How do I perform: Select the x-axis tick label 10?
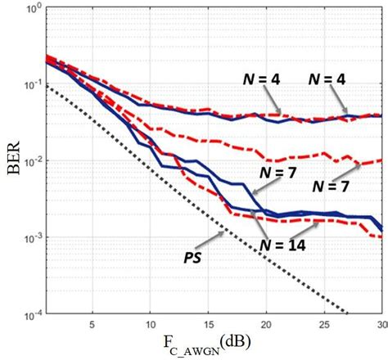[151, 324]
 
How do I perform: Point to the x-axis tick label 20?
[266, 324]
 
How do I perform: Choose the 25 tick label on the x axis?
[324, 324]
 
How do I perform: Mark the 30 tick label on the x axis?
[379, 324]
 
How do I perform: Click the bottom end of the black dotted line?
[349, 313]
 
